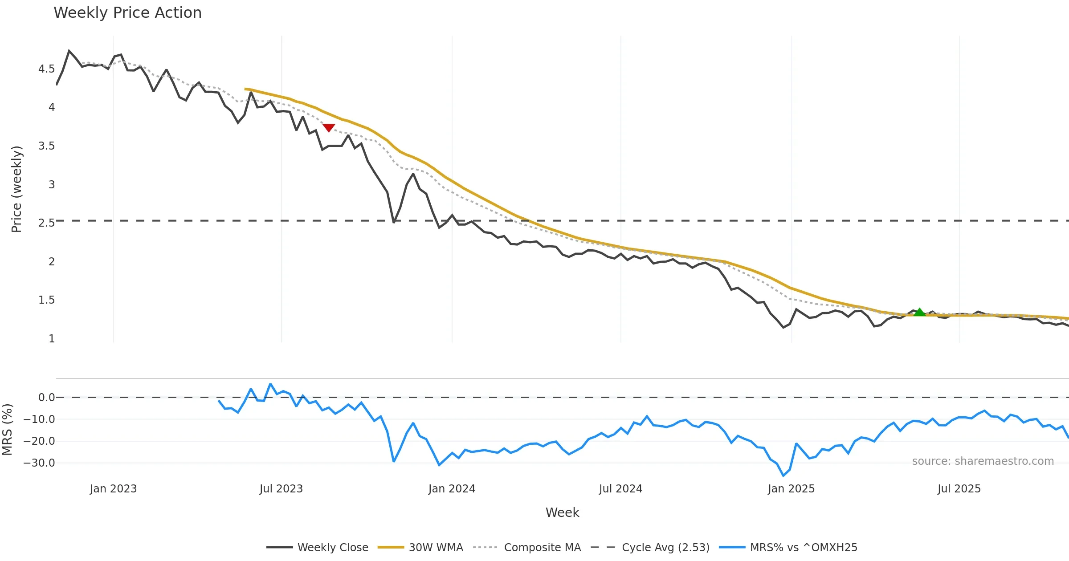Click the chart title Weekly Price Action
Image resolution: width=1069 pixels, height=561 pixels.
127,13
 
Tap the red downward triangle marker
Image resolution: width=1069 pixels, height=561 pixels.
329,128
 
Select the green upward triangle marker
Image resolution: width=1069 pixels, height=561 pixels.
919,312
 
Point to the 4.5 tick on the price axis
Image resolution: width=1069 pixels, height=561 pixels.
46,69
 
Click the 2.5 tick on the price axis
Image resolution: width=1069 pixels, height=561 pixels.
46,223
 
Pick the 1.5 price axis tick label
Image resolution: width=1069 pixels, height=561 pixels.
46,300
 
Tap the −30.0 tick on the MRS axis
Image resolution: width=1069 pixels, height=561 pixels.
39,463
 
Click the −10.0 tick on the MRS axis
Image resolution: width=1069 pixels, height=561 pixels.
39,419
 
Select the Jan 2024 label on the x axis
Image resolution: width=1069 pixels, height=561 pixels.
452,489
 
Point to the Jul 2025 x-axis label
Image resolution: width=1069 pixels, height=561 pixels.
959,489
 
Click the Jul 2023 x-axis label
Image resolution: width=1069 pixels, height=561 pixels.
281,489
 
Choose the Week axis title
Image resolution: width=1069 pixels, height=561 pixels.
562,513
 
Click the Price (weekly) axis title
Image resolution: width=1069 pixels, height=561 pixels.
16,189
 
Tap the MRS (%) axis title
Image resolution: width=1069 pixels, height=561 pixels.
7,430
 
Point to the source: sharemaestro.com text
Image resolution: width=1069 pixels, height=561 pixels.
983,461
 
